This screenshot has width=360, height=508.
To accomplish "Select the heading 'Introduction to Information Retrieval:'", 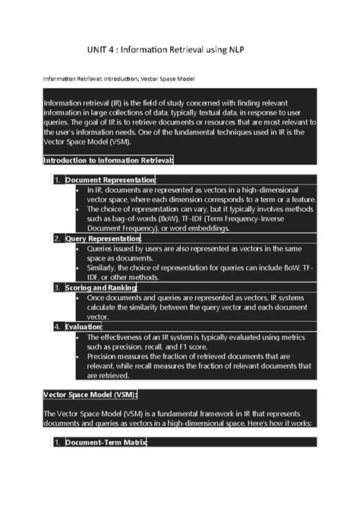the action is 109,160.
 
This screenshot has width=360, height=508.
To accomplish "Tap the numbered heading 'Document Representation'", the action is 109,179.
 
